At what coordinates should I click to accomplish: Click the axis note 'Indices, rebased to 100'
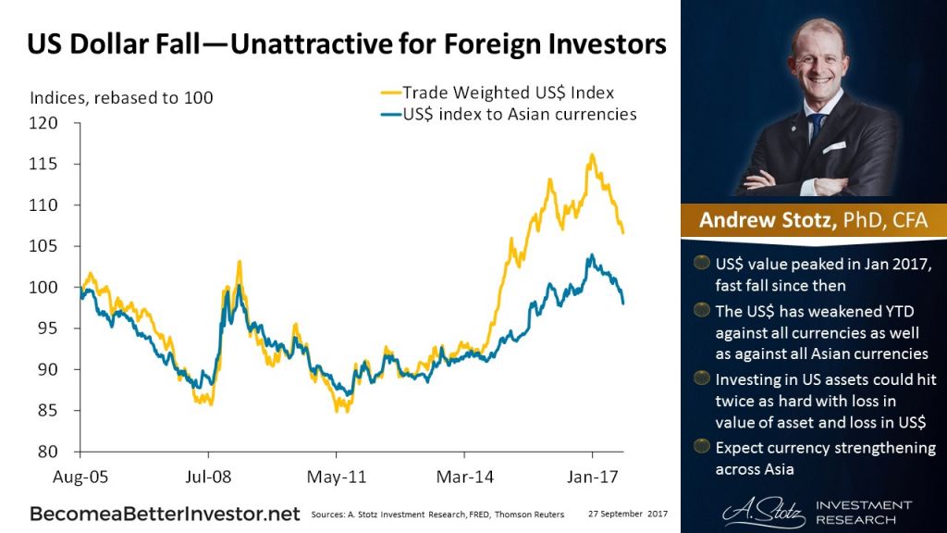coord(121,97)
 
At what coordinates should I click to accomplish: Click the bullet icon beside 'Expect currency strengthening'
coord(702,448)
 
